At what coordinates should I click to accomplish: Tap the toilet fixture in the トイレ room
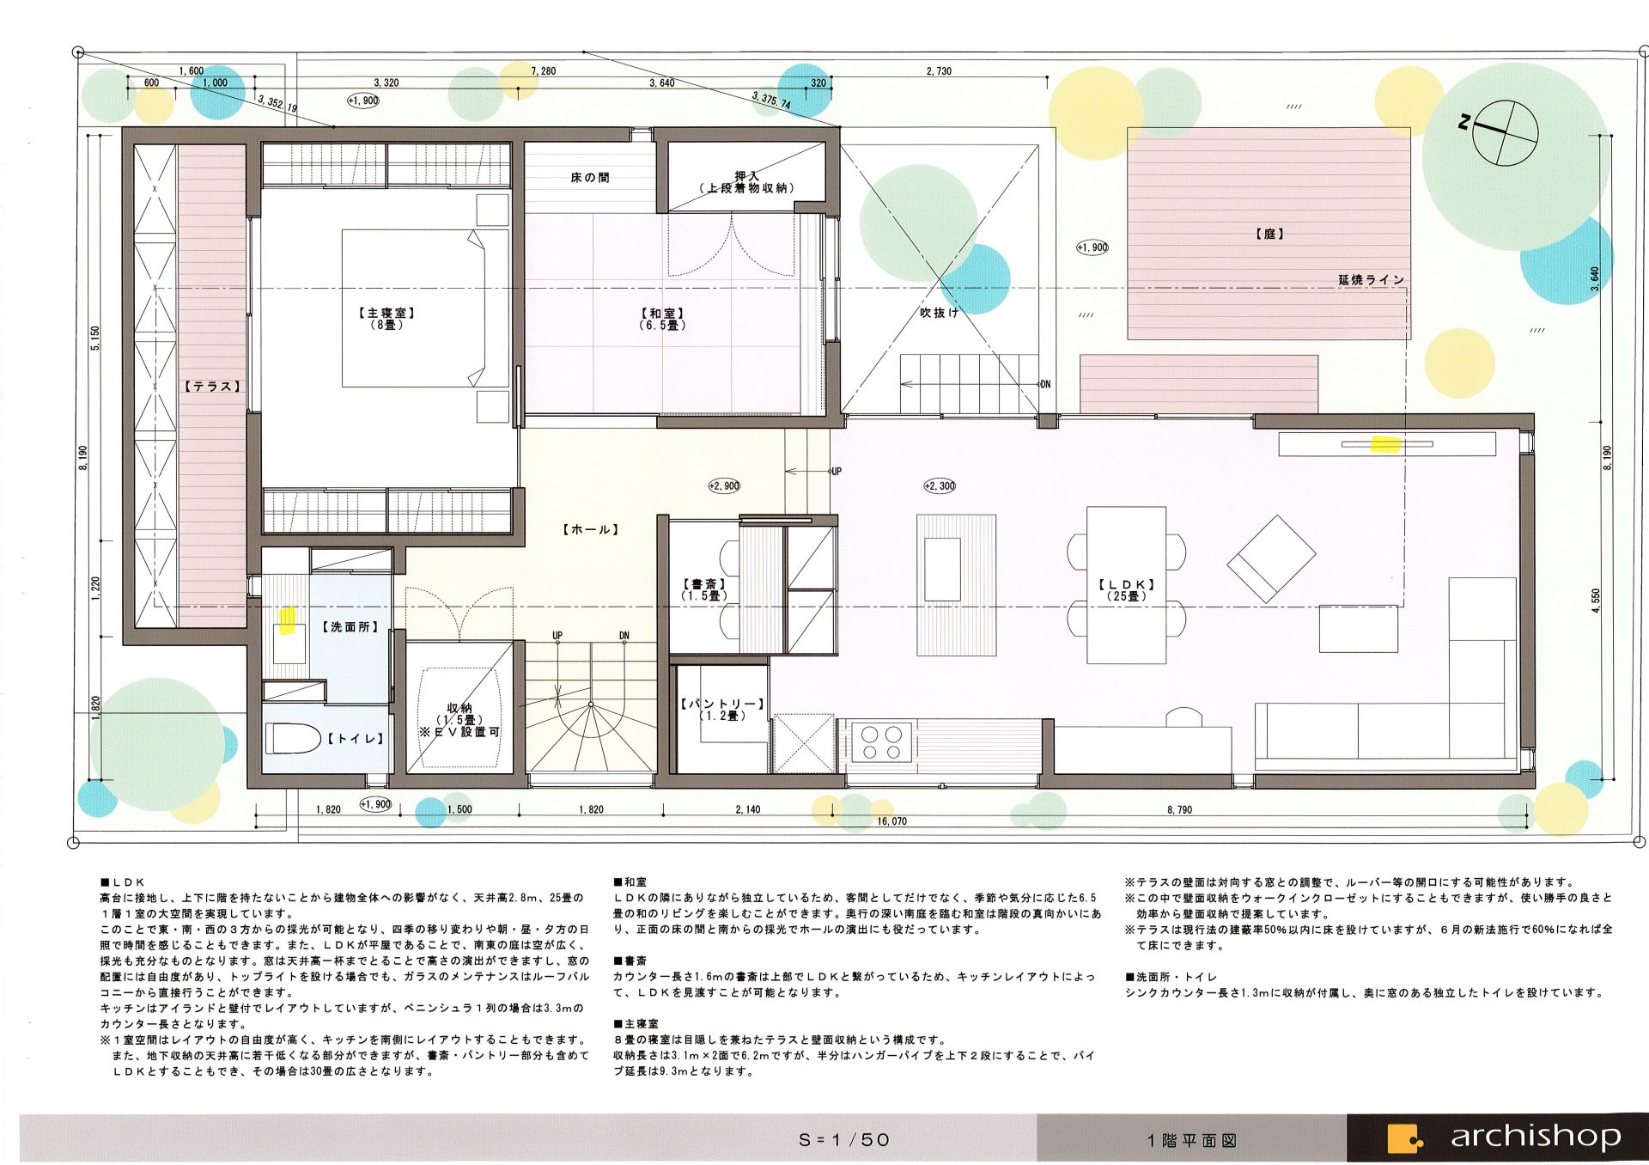point(292,738)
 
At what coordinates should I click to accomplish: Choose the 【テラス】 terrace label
point(213,387)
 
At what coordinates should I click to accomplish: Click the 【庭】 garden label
point(1269,233)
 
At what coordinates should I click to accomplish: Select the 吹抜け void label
point(939,313)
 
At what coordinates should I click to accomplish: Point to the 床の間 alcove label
point(590,178)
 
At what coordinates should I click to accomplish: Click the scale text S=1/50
point(844,1140)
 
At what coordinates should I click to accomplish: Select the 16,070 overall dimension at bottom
point(891,821)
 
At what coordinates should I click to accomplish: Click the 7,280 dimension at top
point(543,71)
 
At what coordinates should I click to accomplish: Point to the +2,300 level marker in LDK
point(940,485)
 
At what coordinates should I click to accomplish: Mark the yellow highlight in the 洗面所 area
point(288,619)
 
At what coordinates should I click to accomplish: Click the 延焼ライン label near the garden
point(1371,280)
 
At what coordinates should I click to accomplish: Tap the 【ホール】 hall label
point(591,529)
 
